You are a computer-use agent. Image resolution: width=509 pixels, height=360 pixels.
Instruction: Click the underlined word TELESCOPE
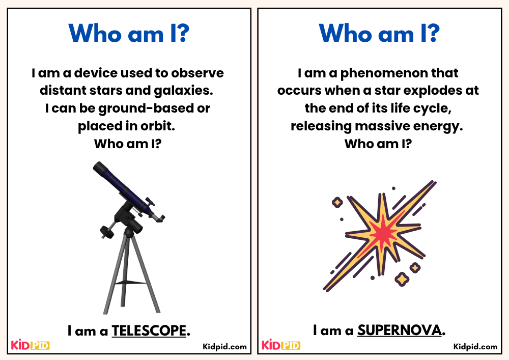[x=149, y=331]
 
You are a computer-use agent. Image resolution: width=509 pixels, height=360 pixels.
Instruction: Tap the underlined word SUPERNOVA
[x=399, y=331]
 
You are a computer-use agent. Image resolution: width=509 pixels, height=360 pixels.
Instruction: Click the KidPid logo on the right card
[x=280, y=345]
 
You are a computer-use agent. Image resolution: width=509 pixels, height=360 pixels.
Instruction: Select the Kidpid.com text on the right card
[x=475, y=347]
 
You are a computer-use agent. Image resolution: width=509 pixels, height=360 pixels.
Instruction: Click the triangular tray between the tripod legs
[x=128, y=282]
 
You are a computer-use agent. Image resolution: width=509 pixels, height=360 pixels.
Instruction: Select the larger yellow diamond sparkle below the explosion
[x=402, y=279]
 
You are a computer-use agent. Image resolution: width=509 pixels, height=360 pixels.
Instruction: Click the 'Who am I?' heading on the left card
[x=129, y=34]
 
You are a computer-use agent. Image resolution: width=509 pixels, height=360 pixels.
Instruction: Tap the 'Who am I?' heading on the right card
[x=379, y=34]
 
